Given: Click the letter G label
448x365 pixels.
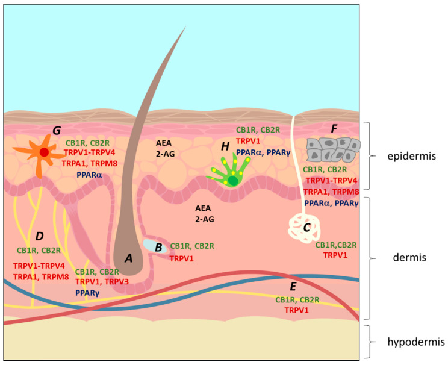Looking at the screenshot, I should [57, 130].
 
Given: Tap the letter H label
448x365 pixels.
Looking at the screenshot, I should [225, 146].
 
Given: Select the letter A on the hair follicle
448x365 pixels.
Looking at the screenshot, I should [128, 258].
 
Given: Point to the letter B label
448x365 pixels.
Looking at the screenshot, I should [158, 246].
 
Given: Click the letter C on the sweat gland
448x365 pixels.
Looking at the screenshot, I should [306, 228].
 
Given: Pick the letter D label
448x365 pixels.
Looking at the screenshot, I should [39, 235].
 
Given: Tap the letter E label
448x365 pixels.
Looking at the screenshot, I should [293, 286].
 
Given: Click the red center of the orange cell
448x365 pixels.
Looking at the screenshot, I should [44, 152].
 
